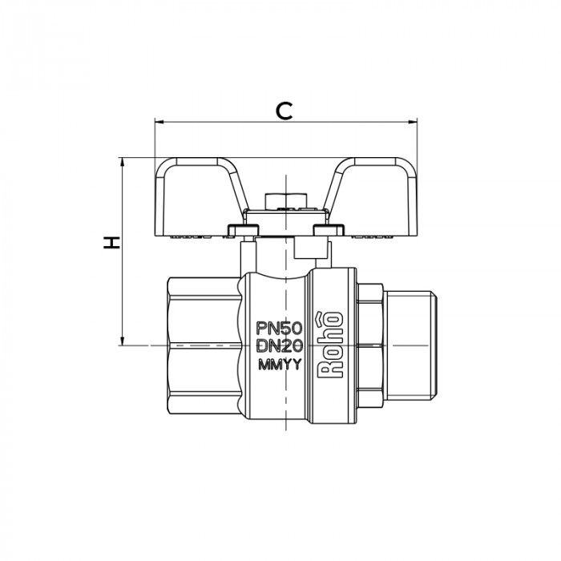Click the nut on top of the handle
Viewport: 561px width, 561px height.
click(x=285, y=198)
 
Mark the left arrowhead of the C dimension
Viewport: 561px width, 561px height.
click(x=157, y=123)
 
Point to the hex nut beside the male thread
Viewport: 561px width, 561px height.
click(x=370, y=345)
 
